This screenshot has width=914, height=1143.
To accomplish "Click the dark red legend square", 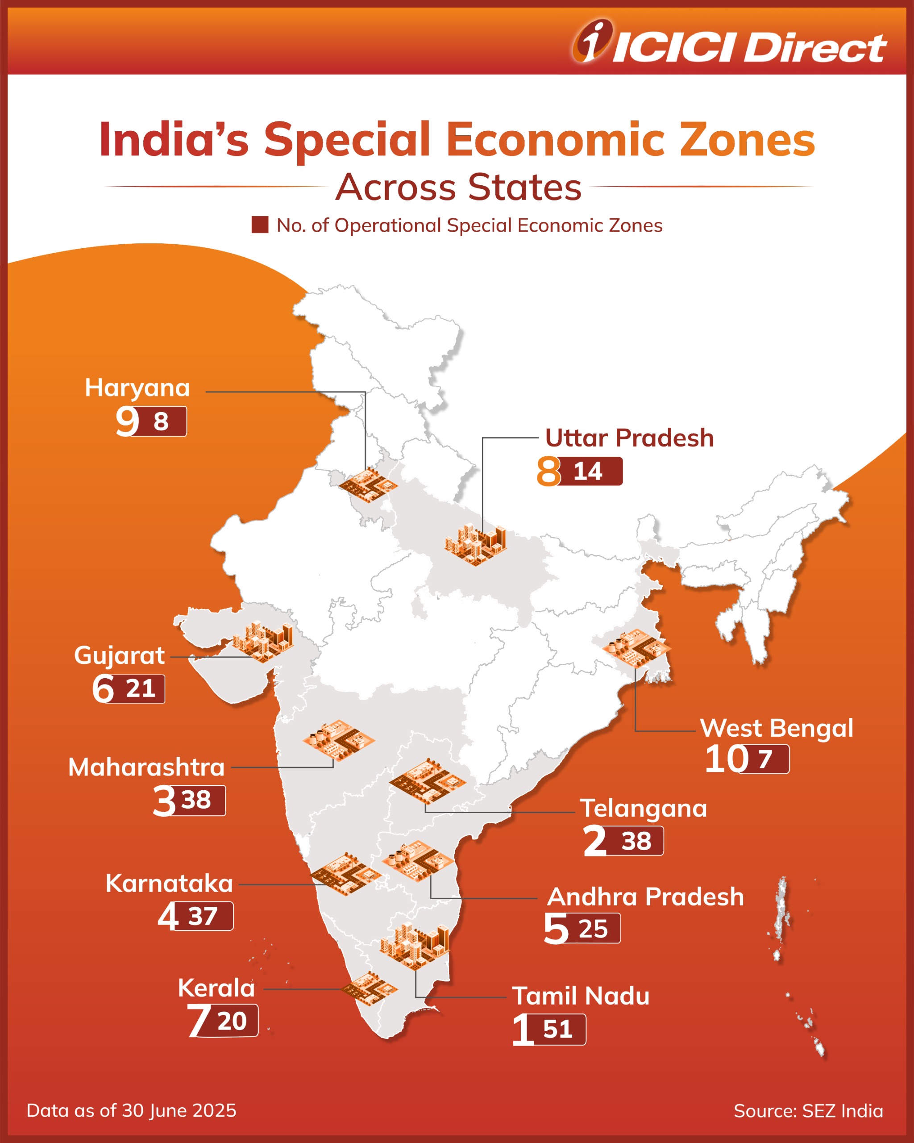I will tap(260, 225).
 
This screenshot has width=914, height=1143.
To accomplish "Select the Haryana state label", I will tap(137, 388).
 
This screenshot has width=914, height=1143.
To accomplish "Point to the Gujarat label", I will tap(119, 655).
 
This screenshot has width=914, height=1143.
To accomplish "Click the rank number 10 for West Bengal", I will tap(725, 759).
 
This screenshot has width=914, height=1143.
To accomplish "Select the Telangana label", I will tap(643, 809).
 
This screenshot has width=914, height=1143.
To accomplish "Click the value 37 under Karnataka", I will tap(203, 917).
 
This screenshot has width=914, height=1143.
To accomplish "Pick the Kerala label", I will tap(216, 988).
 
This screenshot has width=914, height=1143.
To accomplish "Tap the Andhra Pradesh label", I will tap(645, 897).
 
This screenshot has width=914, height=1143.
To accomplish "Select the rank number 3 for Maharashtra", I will tap(164, 801).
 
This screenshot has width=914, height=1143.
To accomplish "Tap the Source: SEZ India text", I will tap(808, 1111).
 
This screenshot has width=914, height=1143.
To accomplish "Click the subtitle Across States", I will tap(458, 187).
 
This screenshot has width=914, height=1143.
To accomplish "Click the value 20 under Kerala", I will tap(232, 1021).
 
